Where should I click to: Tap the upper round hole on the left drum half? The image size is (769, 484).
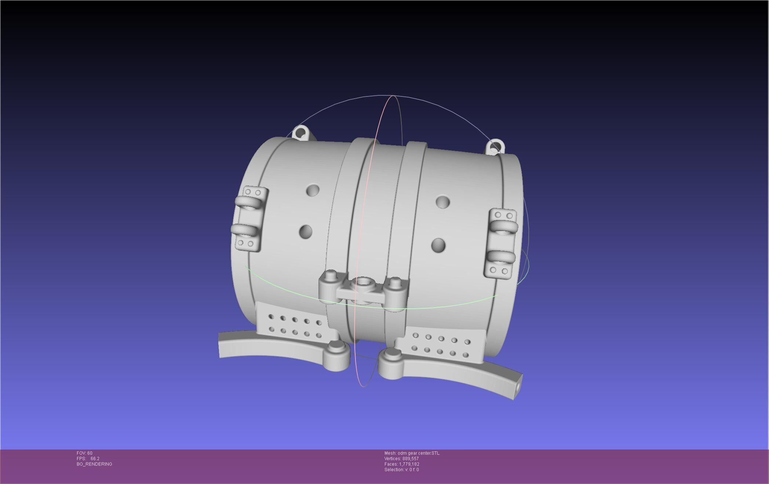click(x=313, y=190)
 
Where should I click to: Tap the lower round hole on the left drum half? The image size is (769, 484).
click(x=306, y=232)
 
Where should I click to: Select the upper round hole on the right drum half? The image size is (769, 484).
click(x=443, y=202)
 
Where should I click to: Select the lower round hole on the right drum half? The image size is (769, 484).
click(x=438, y=245)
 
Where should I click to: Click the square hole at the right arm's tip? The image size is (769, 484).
click(x=518, y=388)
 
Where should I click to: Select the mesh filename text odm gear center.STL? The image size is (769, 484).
click(x=412, y=453)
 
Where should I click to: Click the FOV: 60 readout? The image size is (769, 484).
click(x=84, y=453)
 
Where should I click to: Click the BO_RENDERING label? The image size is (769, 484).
click(x=94, y=464)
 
